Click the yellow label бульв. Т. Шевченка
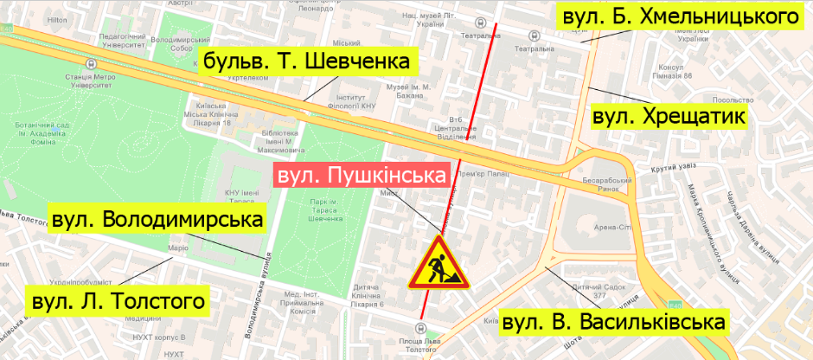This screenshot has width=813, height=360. [307, 62]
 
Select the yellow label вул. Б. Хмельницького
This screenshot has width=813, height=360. [678, 16]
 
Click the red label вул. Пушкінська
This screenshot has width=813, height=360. [363, 177]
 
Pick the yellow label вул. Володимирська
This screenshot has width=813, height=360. [157, 220]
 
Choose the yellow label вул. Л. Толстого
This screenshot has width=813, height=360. [118, 301]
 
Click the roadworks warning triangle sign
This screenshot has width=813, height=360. [439, 264]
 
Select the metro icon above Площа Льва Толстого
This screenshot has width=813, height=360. [420, 327]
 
